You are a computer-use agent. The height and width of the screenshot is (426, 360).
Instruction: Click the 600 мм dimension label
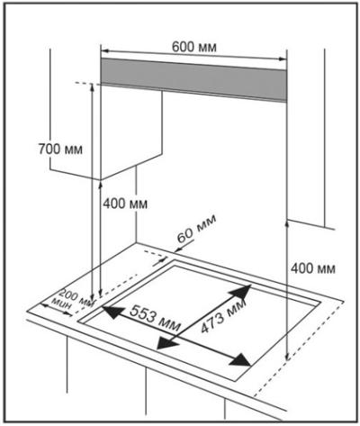tap(193, 47)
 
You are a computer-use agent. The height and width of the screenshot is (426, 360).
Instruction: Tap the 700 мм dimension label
tap(60, 149)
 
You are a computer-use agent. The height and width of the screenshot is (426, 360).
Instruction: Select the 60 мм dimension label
tap(196, 229)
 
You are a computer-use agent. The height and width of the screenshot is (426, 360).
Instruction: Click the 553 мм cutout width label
tap(155, 317)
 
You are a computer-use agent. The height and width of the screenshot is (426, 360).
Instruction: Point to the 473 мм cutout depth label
tap(223, 315)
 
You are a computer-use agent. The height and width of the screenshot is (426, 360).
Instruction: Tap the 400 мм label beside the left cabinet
tap(125, 204)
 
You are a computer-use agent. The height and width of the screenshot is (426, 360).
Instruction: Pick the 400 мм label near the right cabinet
tap(313, 268)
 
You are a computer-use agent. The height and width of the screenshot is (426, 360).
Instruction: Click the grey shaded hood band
tap(193, 79)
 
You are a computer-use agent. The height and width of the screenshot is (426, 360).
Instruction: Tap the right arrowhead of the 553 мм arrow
tap(240, 360)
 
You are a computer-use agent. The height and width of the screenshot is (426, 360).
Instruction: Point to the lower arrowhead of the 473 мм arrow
tap(167, 343)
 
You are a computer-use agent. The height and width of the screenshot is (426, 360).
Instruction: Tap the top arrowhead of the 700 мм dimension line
tap(92, 87)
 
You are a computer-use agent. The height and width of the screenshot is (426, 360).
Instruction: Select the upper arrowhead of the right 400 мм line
tap(287, 224)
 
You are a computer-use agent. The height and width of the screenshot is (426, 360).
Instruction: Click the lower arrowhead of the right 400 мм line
tap(287, 356)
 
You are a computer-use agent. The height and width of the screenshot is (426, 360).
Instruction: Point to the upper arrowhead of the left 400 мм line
tap(101, 184)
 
